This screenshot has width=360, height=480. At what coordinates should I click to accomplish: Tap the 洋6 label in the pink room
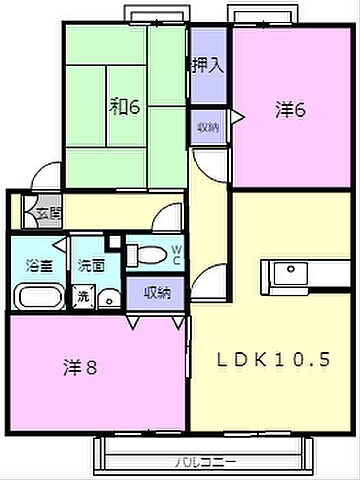click(x=289, y=111)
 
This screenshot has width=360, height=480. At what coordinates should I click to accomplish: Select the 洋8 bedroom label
click(x=82, y=367)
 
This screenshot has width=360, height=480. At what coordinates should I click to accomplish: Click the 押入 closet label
click(x=208, y=66)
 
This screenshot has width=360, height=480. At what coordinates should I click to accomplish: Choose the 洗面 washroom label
click(x=91, y=265)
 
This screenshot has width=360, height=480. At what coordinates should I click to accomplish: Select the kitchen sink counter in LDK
click(x=289, y=273)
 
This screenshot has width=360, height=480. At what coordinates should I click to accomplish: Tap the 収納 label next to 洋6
click(x=208, y=126)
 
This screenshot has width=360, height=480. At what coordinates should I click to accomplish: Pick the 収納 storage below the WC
click(x=156, y=292)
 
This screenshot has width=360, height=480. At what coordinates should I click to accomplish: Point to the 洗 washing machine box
click(x=81, y=297)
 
